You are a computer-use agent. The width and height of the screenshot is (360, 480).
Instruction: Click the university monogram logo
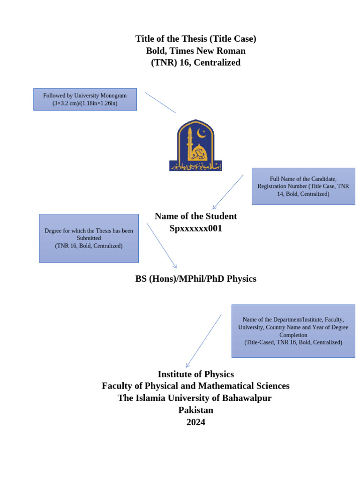point(195,145)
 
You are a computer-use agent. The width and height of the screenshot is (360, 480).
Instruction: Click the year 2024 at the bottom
point(195,422)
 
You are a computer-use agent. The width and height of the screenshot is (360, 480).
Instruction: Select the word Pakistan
point(195,410)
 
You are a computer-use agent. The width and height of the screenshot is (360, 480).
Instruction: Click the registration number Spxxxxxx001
point(195,229)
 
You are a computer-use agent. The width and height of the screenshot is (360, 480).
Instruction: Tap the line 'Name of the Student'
point(195,216)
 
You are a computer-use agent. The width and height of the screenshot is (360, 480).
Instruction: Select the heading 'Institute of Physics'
point(195,374)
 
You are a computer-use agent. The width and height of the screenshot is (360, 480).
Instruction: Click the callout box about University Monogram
point(85,99)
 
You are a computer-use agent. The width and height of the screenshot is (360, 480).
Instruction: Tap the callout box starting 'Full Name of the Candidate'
point(303,186)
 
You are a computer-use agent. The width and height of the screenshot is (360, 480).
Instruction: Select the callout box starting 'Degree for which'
point(89,238)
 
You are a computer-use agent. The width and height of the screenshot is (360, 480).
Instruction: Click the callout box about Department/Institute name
point(293,331)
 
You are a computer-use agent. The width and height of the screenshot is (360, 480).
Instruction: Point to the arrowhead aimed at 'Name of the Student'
point(214,208)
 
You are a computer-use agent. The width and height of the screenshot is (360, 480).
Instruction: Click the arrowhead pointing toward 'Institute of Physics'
point(187,366)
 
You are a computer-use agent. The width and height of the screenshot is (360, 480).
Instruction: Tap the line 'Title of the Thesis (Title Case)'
point(195,38)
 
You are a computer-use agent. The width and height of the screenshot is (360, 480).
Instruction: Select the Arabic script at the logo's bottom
point(195,166)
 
